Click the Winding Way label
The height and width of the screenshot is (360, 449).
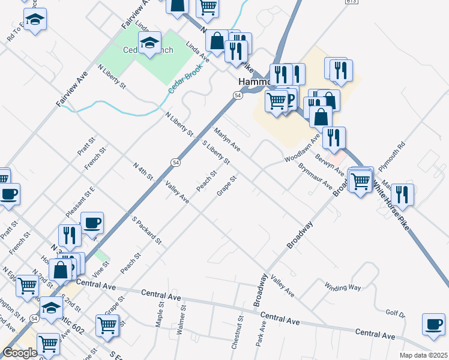(x=343, y=287)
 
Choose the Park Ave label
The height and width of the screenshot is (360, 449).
(x=261, y=337)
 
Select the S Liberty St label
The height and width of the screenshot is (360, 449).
(x=216, y=152)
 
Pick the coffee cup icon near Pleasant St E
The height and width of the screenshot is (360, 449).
(x=92, y=223)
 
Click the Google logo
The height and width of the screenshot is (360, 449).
(x=20, y=353)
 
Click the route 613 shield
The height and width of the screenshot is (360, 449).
(x=352, y=2)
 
